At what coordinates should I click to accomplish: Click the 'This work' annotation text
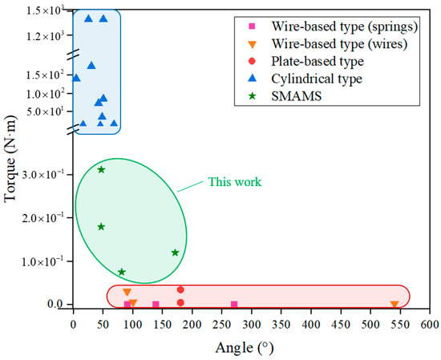234,182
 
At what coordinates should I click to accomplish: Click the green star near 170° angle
175,253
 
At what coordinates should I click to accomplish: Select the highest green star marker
101,169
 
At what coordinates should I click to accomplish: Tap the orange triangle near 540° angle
394,305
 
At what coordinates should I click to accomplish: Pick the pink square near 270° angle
234,305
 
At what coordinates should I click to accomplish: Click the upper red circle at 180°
180,289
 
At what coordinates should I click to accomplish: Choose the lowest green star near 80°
122,272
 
